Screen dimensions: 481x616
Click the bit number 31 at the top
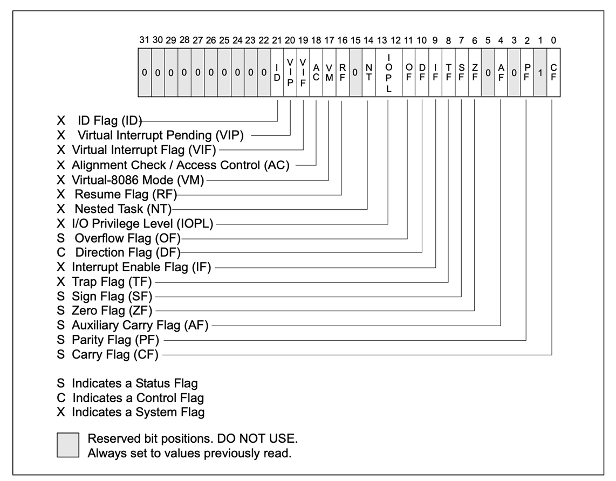145,40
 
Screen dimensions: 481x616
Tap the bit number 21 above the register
277,40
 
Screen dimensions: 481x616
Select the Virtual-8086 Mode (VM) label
139,178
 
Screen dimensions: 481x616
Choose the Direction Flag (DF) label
127,252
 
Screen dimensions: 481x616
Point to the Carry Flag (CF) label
116,355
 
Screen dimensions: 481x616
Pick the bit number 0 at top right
554,40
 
